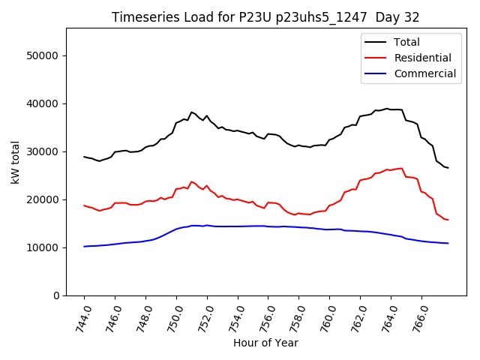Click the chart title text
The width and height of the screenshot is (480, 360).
265,17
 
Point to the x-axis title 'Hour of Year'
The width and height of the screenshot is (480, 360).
265,343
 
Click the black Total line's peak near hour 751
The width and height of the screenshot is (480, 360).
191,112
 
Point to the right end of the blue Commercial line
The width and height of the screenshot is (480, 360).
448,243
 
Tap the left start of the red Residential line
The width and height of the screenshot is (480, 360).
84,205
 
